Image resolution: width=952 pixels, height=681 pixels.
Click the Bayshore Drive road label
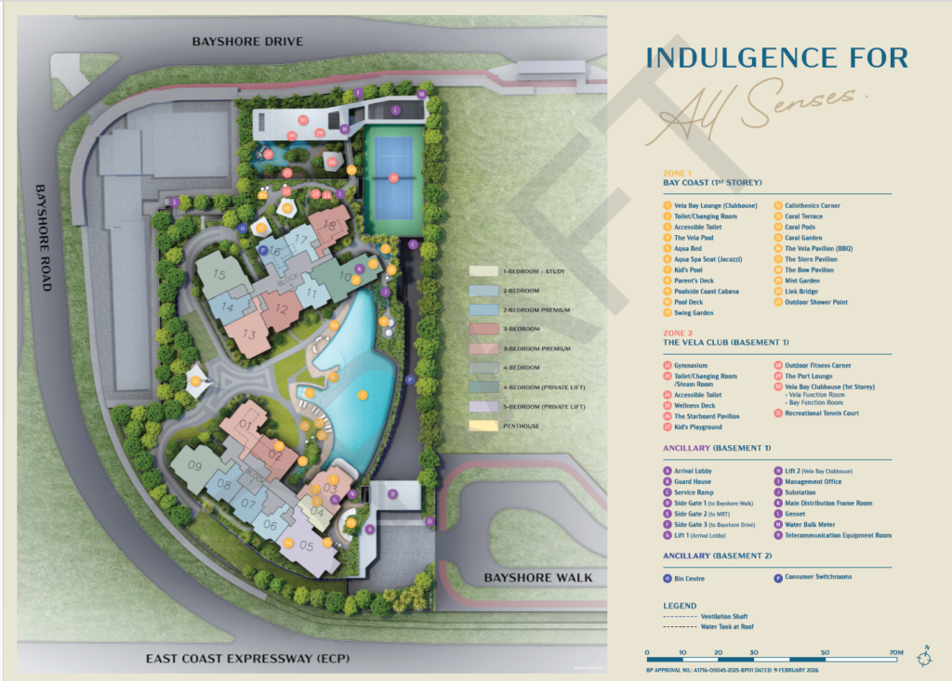[x=247, y=42]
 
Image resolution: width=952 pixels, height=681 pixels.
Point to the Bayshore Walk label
[x=538, y=578]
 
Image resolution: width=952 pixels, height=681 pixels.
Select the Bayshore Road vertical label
[x=41, y=238]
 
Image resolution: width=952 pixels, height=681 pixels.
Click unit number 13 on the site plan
[x=248, y=335]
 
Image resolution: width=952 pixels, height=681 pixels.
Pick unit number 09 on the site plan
[x=194, y=465]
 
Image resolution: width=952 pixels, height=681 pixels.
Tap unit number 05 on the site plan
[x=307, y=546]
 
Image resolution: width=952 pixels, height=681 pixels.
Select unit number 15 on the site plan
[x=218, y=275]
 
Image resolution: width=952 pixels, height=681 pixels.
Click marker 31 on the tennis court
[x=393, y=177]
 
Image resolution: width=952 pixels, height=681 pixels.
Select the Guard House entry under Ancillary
[x=694, y=481]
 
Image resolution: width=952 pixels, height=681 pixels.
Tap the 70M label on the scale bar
[x=895, y=653]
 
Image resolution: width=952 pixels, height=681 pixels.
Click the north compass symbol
[x=923, y=655]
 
